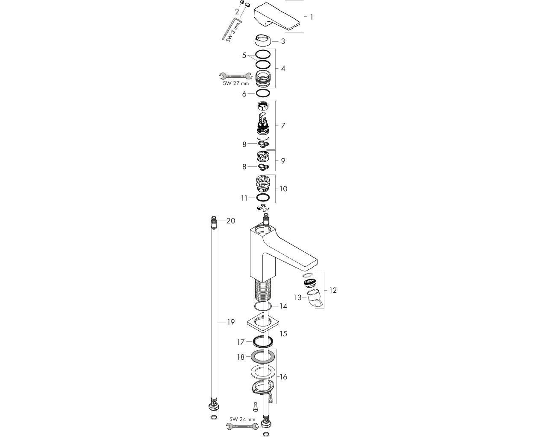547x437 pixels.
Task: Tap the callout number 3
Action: click(x=283, y=41)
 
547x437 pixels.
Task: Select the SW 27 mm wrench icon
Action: click(x=235, y=76)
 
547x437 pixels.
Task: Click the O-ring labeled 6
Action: click(x=262, y=93)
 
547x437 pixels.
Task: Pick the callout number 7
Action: click(x=283, y=125)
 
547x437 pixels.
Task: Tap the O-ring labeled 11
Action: click(x=262, y=197)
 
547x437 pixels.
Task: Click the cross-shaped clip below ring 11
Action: click(x=263, y=208)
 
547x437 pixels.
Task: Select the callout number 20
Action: click(x=230, y=221)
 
